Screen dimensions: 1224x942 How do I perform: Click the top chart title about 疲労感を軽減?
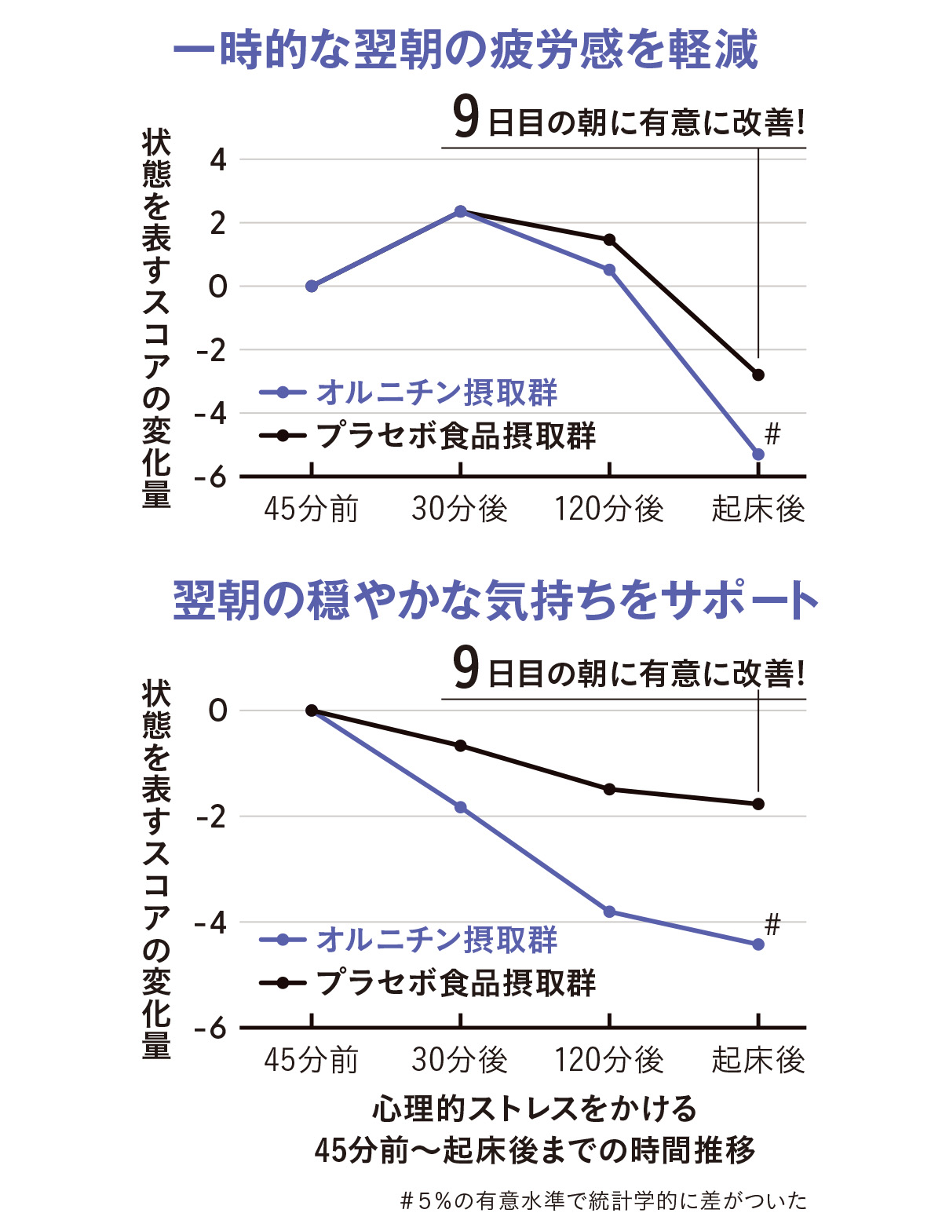coord(465,50)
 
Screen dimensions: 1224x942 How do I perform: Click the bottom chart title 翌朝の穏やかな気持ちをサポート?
coord(495,601)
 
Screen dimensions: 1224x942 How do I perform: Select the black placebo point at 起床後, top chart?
coord(758,375)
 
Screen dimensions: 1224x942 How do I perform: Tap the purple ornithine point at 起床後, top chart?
coord(758,455)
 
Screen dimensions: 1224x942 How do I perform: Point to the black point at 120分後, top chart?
coord(609,239)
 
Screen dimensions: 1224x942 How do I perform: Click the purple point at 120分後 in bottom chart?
coord(609,912)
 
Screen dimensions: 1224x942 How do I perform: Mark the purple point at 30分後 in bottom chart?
coord(461,807)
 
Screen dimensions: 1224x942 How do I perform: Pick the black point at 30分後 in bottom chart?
coord(461,745)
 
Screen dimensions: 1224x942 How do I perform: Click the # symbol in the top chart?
coord(772,433)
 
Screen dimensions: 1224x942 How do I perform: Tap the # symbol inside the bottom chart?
coord(772,924)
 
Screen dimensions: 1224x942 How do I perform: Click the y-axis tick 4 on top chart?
coord(217,160)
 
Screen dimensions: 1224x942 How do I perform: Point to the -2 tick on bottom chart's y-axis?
coord(211,817)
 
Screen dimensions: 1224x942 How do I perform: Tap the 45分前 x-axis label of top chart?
coord(311,510)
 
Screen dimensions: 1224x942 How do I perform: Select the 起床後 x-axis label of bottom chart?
coord(758,1060)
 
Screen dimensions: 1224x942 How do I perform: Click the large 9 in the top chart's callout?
coord(466,119)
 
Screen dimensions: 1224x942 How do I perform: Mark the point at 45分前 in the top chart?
coord(312,286)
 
